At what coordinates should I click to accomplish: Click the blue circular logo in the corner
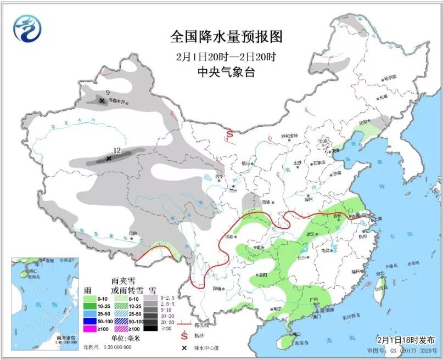(x=27, y=29)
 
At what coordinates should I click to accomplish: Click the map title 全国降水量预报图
(x=226, y=37)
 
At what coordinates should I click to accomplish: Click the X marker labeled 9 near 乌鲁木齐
(x=102, y=100)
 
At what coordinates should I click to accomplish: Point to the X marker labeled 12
(x=109, y=158)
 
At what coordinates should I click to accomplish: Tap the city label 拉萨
(x=132, y=233)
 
